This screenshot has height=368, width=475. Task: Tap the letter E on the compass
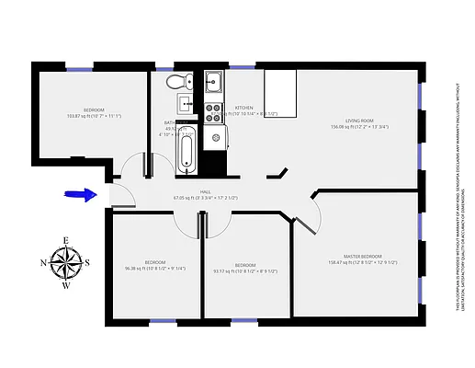66,242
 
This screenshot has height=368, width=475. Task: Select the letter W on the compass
66,285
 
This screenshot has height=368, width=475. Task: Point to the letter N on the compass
44,264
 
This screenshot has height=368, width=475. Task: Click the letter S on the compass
87,264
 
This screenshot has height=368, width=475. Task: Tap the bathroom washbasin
184,103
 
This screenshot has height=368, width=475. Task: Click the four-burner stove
213,113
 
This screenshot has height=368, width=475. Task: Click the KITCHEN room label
243,108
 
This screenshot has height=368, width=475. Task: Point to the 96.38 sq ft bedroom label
154,262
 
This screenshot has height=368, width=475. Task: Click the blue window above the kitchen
243,66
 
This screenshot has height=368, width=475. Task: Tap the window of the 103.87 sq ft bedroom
79,68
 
